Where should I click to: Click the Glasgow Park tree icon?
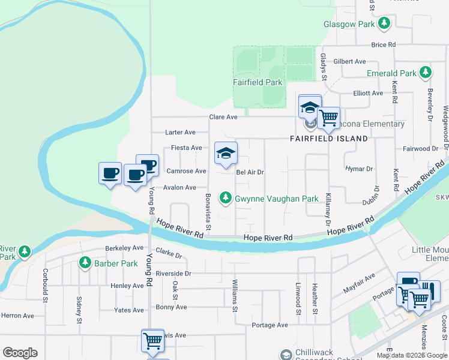pyautogui.click(x=384, y=24)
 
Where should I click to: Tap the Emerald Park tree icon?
pyautogui.click(x=426, y=73)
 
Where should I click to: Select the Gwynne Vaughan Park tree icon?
pyautogui.click(x=226, y=197)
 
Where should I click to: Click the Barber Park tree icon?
pyautogui.click(x=85, y=262)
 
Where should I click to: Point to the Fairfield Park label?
pyautogui.click(x=258, y=82)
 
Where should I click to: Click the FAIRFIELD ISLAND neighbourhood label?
pyautogui.click(x=329, y=139)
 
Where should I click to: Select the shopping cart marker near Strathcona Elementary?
pyautogui.click(x=328, y=118)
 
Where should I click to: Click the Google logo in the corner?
pyautogui.click(x=20, y=353)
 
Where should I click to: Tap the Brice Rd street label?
pyautogui.click(x=384, y=45)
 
